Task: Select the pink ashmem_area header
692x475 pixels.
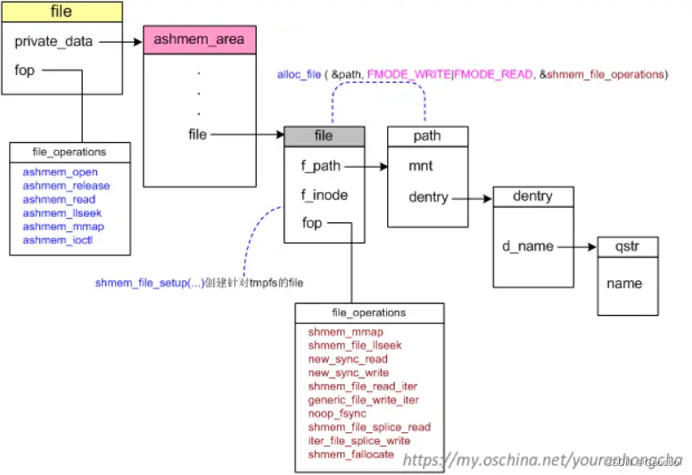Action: coord(198,40)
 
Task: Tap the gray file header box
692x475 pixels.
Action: coord(324,136)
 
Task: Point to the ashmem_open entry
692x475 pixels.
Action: coord(61,171)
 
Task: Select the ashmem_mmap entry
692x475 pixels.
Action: coord(63,226)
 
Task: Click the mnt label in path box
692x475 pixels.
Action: coord(421,165)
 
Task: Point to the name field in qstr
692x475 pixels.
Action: coord(624,283)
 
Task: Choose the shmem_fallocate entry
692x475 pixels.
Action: coord(351,454)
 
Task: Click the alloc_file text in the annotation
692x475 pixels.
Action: coord(299,75)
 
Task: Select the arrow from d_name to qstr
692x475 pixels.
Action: coord(575,246)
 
